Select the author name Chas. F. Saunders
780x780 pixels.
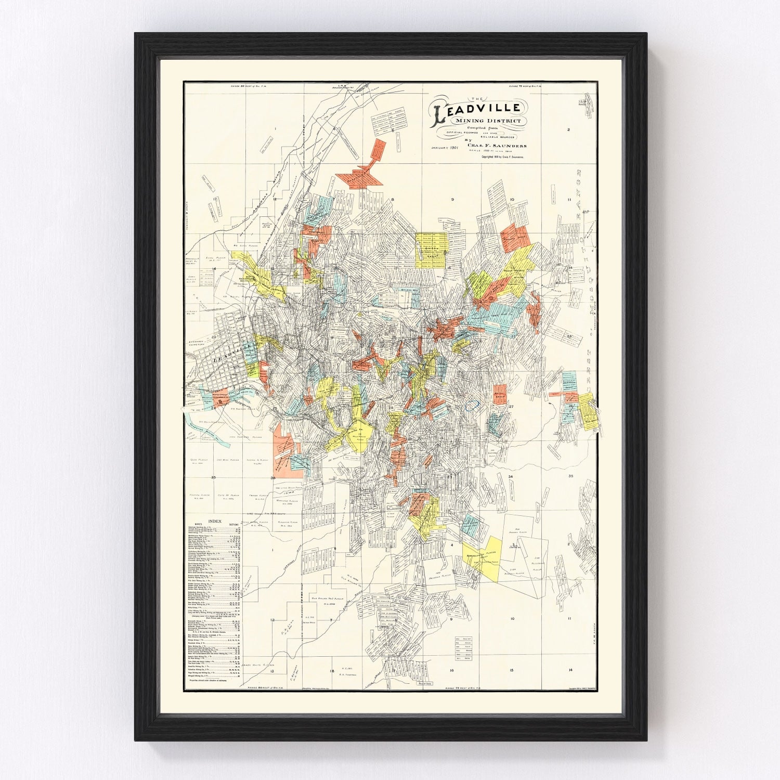point(496,146)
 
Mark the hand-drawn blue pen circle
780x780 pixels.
point(474,404)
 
